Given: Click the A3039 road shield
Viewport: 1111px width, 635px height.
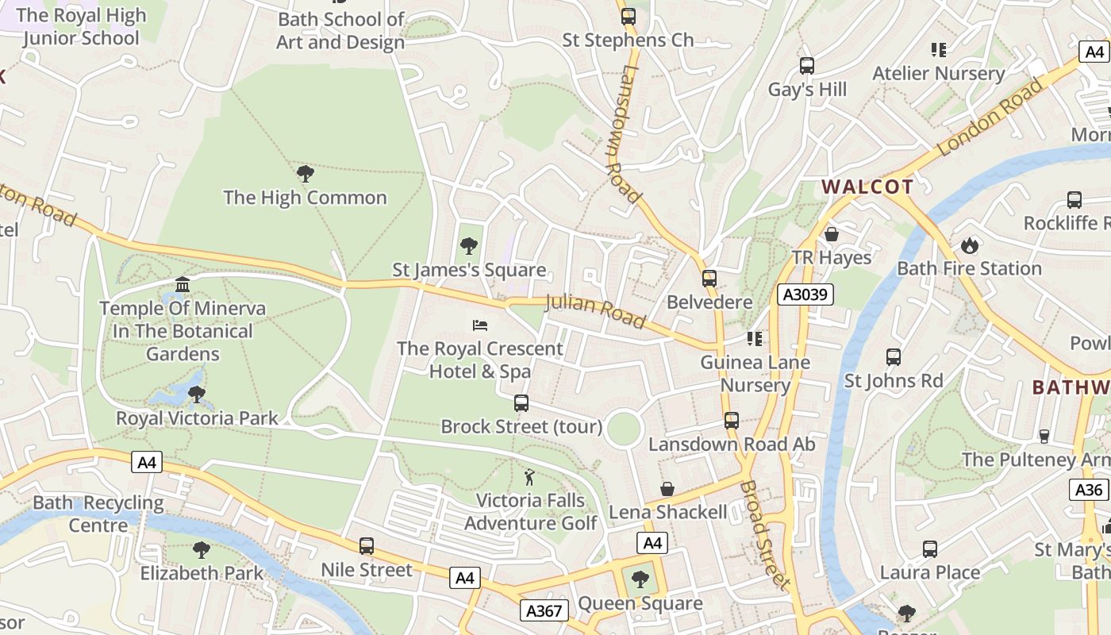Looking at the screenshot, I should point(805,294).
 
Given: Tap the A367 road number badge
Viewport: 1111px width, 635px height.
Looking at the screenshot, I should point(544,610).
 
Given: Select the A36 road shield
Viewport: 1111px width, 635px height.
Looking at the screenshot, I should point(1088,490).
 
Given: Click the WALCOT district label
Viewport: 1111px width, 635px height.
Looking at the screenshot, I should point(867,187).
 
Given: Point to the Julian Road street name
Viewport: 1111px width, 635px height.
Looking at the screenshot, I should point(595,310).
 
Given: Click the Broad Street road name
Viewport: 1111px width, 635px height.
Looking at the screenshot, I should point(766,535).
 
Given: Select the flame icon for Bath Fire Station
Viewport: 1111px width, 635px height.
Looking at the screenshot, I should point(969,245).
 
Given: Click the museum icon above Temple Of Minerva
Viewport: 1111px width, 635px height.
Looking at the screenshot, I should point(183,284).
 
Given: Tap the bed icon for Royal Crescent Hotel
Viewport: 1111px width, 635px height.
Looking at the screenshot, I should point(479,325).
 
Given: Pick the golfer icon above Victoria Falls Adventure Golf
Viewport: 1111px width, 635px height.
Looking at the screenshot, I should point(529,477).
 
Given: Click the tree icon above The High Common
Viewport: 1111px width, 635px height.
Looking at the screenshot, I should point(305,174).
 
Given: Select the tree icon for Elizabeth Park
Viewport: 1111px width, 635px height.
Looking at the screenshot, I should point(202,549).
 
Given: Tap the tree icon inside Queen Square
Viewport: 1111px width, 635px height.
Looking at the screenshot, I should point(640,579).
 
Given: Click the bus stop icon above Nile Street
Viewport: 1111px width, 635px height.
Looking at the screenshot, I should point(366,546).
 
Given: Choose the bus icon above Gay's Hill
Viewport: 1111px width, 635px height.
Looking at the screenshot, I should point(807,66).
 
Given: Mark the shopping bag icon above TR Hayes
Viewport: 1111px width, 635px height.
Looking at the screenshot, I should point(832,234).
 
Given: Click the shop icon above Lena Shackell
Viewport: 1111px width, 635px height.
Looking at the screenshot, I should point(667,489).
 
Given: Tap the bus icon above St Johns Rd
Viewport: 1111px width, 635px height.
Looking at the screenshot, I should point(894,357).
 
